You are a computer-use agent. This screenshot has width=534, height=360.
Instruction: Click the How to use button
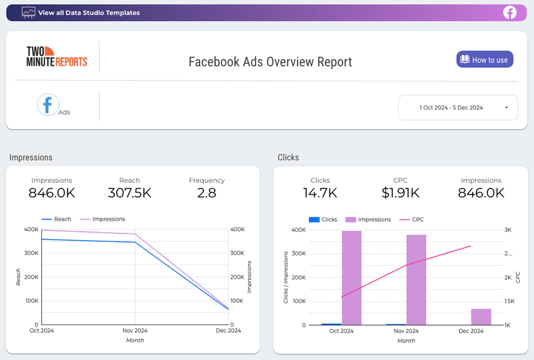485,59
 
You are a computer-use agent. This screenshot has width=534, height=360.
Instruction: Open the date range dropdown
458,108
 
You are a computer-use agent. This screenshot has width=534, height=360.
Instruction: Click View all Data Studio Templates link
88,12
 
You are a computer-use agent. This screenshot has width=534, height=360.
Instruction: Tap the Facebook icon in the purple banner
510,12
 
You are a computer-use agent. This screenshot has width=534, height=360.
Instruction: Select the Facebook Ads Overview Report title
270,62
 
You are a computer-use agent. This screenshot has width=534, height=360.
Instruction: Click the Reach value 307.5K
130,192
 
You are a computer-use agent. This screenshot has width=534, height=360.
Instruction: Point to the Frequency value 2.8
206,192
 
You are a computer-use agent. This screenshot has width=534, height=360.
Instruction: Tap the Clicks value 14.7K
320,192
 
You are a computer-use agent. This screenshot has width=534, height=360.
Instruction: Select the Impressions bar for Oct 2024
351,277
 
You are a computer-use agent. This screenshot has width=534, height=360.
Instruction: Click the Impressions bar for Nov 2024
416,279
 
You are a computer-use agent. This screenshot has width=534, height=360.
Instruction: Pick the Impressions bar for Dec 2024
481,316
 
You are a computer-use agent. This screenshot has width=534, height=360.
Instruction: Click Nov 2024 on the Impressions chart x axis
135,331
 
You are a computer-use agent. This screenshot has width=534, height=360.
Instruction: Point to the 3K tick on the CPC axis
508,230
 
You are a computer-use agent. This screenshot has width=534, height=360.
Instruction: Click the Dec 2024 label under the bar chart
471,331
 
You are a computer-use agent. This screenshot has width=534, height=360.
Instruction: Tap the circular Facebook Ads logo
48,105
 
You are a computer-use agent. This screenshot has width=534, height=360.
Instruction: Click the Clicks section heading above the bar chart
288,157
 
